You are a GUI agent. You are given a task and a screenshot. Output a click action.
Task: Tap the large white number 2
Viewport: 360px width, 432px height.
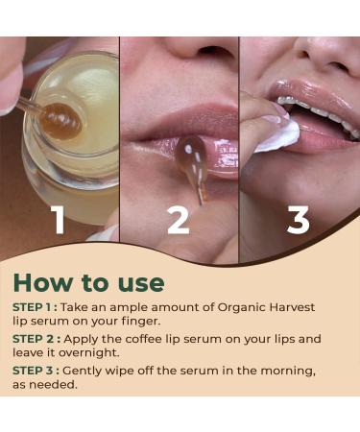pyautogui.click(x=179, y=220)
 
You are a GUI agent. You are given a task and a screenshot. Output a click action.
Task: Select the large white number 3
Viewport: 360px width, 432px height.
pyautogui.click(x=299, y=220)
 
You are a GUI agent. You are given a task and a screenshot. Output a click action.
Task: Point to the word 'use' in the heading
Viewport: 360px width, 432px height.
pyautogui.click(x=137, y=283)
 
